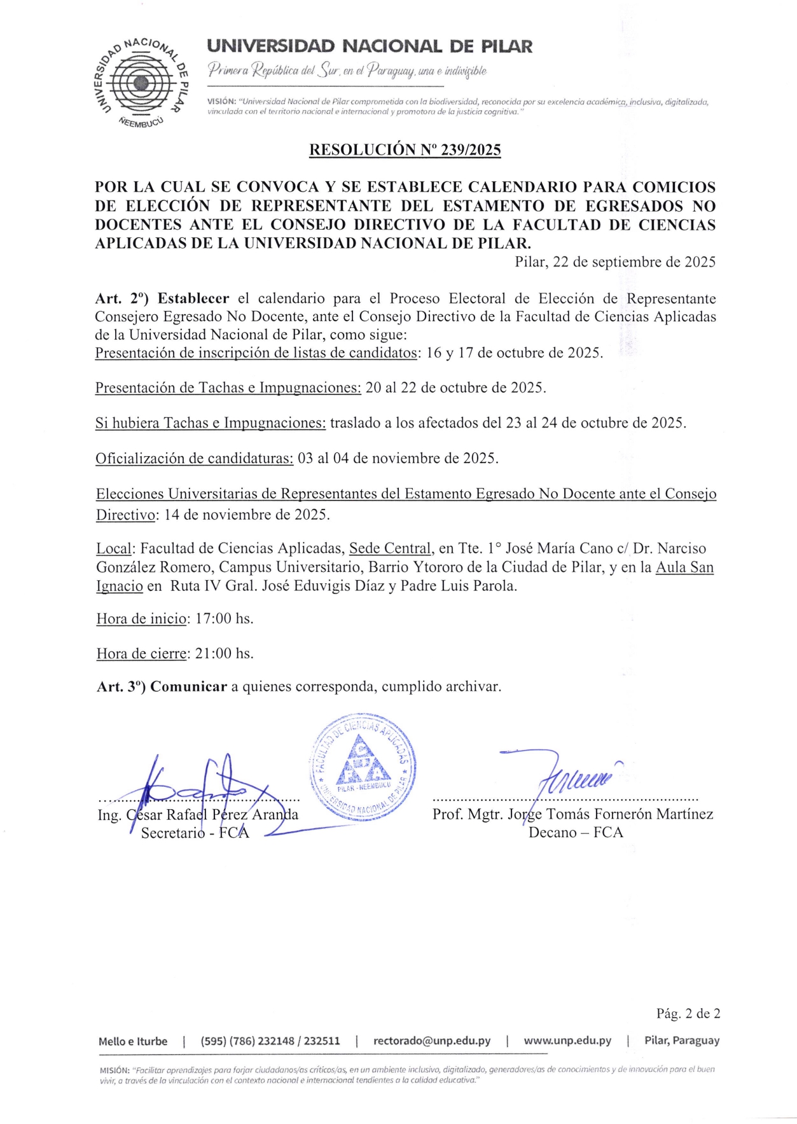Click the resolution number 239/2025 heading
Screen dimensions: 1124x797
pyautogui.click(x=405, y=150)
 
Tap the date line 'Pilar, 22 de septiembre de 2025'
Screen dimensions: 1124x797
pyautogui.click(x=615, y=262)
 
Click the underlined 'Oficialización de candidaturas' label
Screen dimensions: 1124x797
pyautogui.click(x=195, y=459)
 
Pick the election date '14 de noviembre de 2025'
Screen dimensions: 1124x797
pyautogui.click(x=247, y=515)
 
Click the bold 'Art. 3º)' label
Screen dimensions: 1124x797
pyautogui.click(x=121, y=687)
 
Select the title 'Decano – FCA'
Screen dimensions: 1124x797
pyautogui.click(x=576, y=833)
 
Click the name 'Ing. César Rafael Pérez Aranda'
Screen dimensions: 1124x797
pyautogui.click(x=198, y=815)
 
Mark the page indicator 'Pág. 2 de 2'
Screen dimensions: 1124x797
pyautogui.click(x=688, y=1013)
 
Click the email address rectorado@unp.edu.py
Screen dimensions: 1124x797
pyautogui.click(x=432, y=1041)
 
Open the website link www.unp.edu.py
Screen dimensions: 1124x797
pyautogui.click(x=567, y=1041)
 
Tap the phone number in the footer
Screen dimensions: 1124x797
pyautogui.click(x=270, y=1041)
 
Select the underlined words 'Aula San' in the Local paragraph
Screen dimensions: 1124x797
pyautogui.click(x=684, y=567)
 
